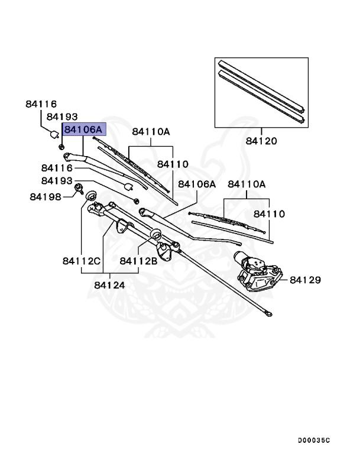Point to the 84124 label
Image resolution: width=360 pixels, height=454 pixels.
(x=109, y=284)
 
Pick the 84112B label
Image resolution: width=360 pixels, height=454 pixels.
(x=138, y=260)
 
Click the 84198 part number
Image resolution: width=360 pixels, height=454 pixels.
(x=46, y=196)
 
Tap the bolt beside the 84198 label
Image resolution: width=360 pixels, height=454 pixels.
(x=77, y=189)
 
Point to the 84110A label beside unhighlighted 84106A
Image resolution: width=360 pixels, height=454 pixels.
(x=247, y=184)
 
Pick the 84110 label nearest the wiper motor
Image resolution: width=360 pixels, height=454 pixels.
(x=269, y=213)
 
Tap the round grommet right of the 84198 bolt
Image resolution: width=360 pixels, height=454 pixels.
(x=91, y=196)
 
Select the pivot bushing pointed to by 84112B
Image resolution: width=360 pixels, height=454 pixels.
(x=157, y=235)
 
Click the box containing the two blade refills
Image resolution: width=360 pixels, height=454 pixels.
(x=261, y=92)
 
